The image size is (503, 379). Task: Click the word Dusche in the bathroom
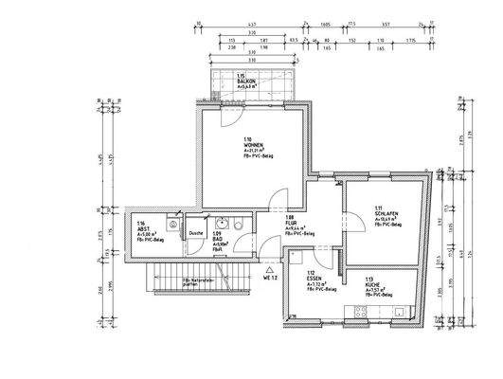click(x=196, y=232)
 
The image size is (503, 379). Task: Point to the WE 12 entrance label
click(x=270, y=279)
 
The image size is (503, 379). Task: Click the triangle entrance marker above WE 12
click(x=269, y=270)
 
